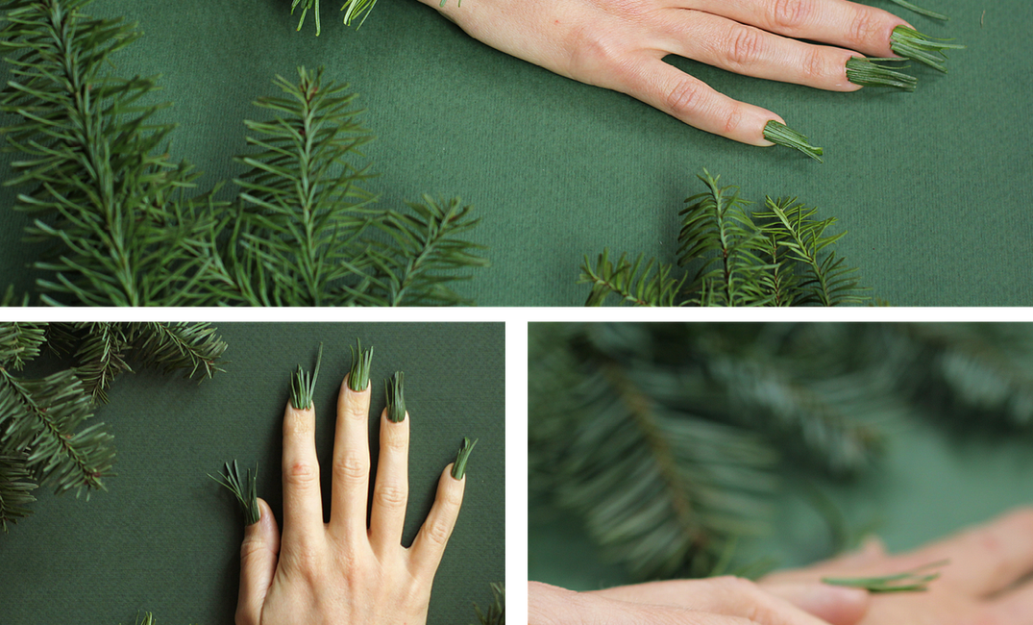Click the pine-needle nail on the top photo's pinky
point(792,138)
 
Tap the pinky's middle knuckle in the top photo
point(683,95)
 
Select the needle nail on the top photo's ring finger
point(879,73)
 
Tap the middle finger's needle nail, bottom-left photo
point(360,367)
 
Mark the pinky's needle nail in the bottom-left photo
point(463,458)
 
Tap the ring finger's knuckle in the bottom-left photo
point(391,496)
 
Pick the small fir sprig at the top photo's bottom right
point(730,245)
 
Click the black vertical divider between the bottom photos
point(516,471)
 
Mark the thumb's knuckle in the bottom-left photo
point(256,549)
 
